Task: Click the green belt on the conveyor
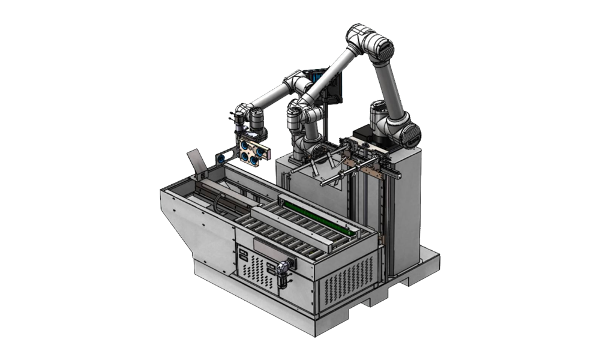pos(316,219)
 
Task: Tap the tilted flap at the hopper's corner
pos(196,160)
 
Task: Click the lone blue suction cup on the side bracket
pos(221,158)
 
